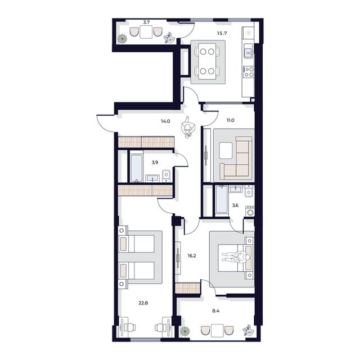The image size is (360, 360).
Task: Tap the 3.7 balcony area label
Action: [x=146, y=22]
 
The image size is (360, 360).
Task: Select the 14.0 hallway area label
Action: [x=165, y=120]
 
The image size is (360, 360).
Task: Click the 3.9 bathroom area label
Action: [x=154, y=163]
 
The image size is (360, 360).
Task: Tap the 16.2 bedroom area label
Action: [x=191, y=255]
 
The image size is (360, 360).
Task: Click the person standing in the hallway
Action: [x=189, y=128]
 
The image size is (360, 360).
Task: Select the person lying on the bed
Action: [x=236, y=258]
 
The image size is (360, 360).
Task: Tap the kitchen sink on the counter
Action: [x=248, y=54]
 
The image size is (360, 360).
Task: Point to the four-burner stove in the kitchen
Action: [x=248, y=71]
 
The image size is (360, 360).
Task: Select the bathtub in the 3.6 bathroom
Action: [x=220, y=200]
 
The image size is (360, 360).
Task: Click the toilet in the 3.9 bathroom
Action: [x=167, y=176]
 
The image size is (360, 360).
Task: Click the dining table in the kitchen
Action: [x=206, y=61]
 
